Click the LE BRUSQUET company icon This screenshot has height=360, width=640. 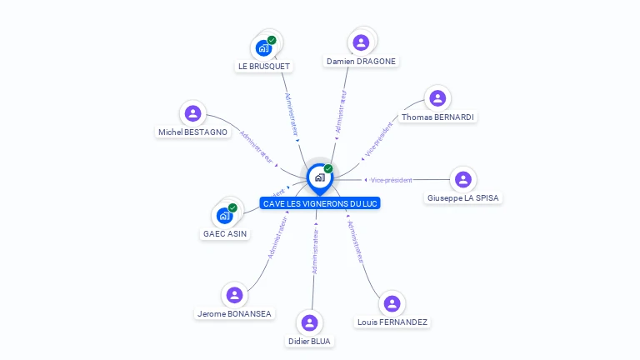coord(264,47)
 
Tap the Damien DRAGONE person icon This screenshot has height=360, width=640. coord(361,42)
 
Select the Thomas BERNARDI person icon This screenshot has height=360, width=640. coord(437,98)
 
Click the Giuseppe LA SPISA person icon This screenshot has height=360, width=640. coord(463,179)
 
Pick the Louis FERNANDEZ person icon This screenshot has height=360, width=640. coord(392,303)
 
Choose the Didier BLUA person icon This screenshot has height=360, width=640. coord(310,322)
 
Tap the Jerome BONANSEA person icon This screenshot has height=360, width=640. coord(234,295)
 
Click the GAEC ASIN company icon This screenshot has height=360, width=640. coord(224,215)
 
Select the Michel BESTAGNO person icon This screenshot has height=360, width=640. coord(192,113)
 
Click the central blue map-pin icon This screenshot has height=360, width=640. coord(319,177)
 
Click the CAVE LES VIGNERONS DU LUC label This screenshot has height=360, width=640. coord(320,203)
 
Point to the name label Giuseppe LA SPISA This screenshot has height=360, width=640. coord(463,198)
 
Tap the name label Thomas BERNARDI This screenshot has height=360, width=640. coord(437,117)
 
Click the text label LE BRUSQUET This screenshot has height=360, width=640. coord(264,67)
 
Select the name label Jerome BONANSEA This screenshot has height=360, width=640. coord(234,314)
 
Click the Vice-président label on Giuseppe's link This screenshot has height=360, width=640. coord(392,180)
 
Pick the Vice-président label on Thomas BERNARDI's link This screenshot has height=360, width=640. coord(377,139)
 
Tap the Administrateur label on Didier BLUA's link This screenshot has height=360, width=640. coord(315,251)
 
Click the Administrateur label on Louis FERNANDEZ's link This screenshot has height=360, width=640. coord(356,242)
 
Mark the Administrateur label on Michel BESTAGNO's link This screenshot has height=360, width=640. coord(257,147)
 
